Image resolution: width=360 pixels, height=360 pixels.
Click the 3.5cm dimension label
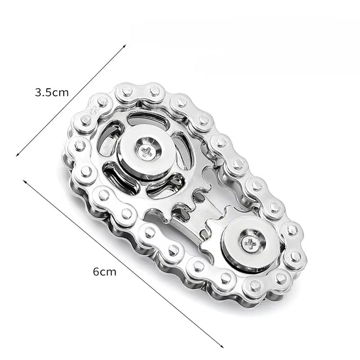click(x=52, y=93)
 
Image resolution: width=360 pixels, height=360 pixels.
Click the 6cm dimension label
click(x=104, y=271)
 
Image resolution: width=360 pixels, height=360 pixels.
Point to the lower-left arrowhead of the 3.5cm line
click(x=17, y=155)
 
